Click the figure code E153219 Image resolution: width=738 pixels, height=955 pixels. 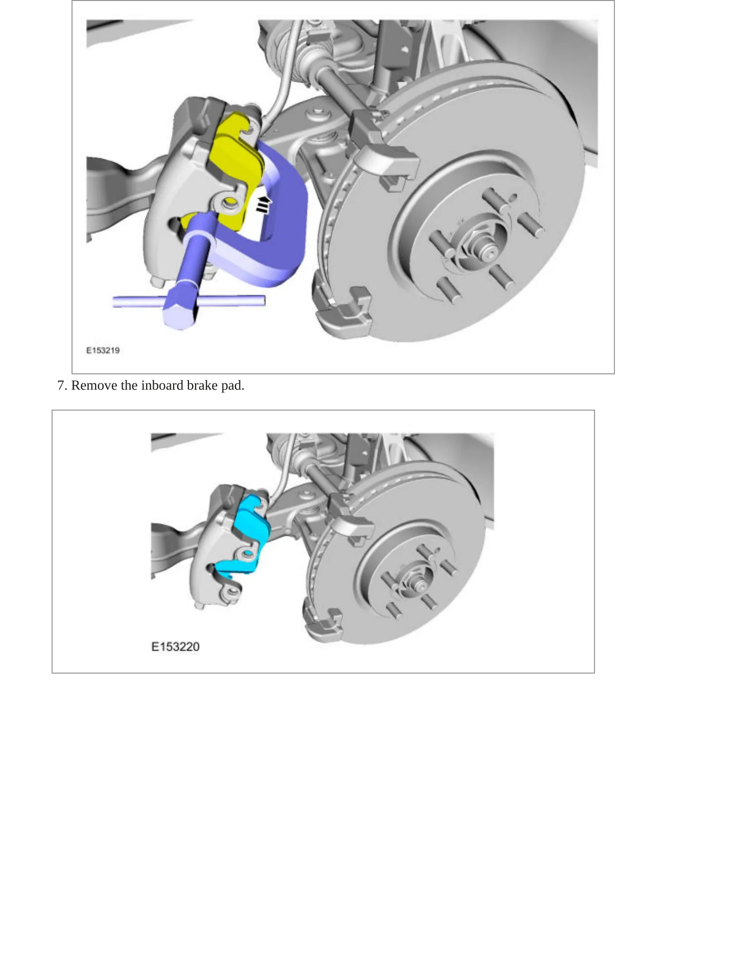pyautogui.click(x=103, y=350)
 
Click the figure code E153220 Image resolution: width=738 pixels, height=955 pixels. pyautogui.click(x=175, y=647)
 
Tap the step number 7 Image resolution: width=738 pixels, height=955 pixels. pyautogui.click(x=62, y=385)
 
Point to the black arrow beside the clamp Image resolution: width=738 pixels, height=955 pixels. pyautogui.click(x=263, y=204)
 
